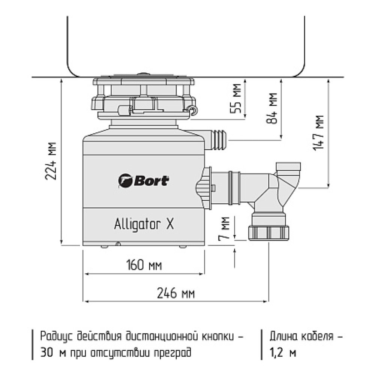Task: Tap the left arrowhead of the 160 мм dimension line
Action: click(85, 274)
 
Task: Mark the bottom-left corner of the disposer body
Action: click(83, 245)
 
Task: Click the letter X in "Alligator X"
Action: click(170, 224)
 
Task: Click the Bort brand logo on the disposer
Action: click(144, 181)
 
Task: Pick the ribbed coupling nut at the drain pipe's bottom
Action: click(268, 232)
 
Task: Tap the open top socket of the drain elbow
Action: click(288, 166)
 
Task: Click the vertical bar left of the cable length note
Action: click(262, 345)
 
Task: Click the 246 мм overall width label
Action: click(176, 293)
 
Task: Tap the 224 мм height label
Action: click(51, 161)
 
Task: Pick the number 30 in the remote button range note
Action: click(46, 352)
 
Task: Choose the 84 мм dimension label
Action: click(271, 108)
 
